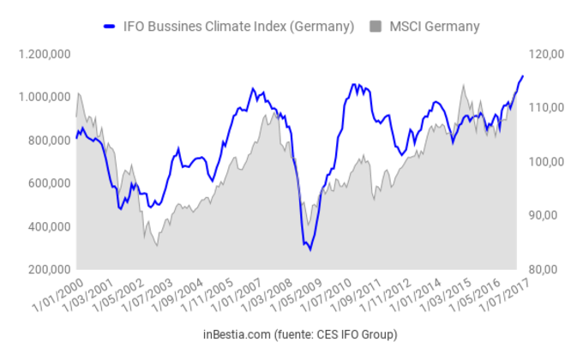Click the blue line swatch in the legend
click(x=110, y=26)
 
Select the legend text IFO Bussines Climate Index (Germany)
click(x=237, y=26)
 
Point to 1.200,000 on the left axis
click(x=43, y=54)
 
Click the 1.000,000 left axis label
click(x=43, y=97)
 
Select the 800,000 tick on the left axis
click(x=48, y=141)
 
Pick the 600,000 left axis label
click(x=48, y=183)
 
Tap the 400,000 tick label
click(x=48, y=226)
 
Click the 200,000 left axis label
click(x=48, y=269)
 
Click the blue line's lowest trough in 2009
click(x=310, y=249)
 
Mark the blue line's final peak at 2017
click(x=523, y=76)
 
